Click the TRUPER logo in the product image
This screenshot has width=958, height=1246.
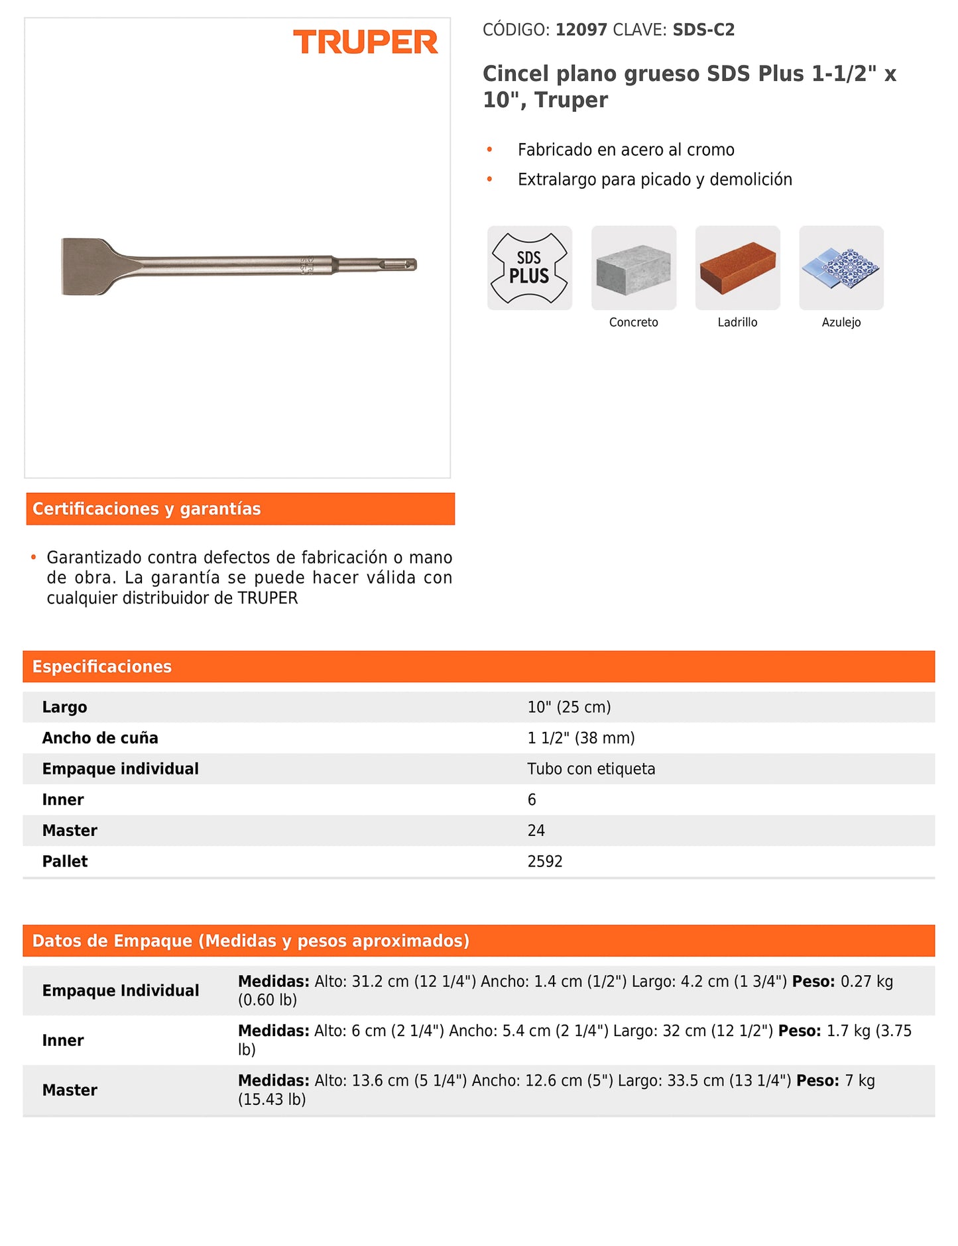pyautogui.click(x=365, y=42)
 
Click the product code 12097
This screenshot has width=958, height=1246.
pyautogui.click(x=581, y=30)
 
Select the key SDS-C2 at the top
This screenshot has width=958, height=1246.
pyautogui.click(x=703, y=30)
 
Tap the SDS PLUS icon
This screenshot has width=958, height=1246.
pyautogui.click(x=529, y=268)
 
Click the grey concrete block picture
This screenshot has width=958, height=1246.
pyautogui.click(x=633, y=268)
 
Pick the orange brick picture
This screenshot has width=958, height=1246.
pyautogui.click(x=737, y=268)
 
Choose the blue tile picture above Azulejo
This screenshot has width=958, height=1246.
pyautogui.click(x=841, y=268)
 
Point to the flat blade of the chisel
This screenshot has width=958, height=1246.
pyautogui.click(x=86, y=266)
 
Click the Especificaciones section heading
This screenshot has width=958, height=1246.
pyautogui.click(x=102, y=666)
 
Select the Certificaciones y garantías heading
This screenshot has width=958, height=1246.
pyautogui.click(x=147, y=509)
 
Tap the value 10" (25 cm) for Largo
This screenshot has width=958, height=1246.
pyautogui.click(x=569, y=707)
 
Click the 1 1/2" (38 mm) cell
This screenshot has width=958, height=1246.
pyautogui.click(x=581, y=738)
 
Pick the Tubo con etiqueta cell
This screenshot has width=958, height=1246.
pyautogui.click(x=591, y=769)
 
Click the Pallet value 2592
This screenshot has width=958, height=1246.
pyautogui.click(x=544, y=861)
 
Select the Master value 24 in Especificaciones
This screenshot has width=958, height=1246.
pyautogui.click(x=536, y=831)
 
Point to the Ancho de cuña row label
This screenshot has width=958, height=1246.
pyautogui.click(x=100, y=738)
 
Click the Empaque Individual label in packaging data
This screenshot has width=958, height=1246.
pyautogui.click(x=121, y=990)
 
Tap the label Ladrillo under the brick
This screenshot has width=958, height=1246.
pyautogui.click(x=737, y=323)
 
